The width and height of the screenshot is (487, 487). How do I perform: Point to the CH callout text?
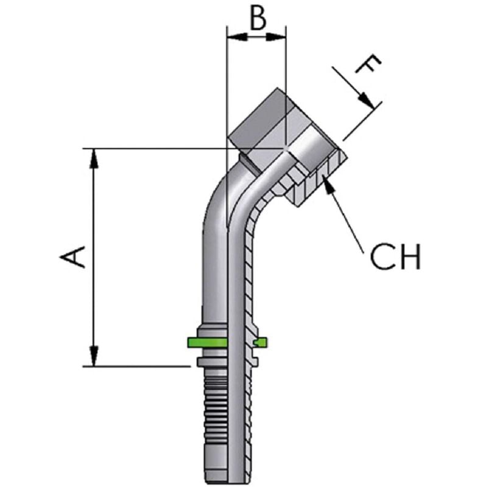(395, 258)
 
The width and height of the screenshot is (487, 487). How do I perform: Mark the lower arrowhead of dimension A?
(94, 356)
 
